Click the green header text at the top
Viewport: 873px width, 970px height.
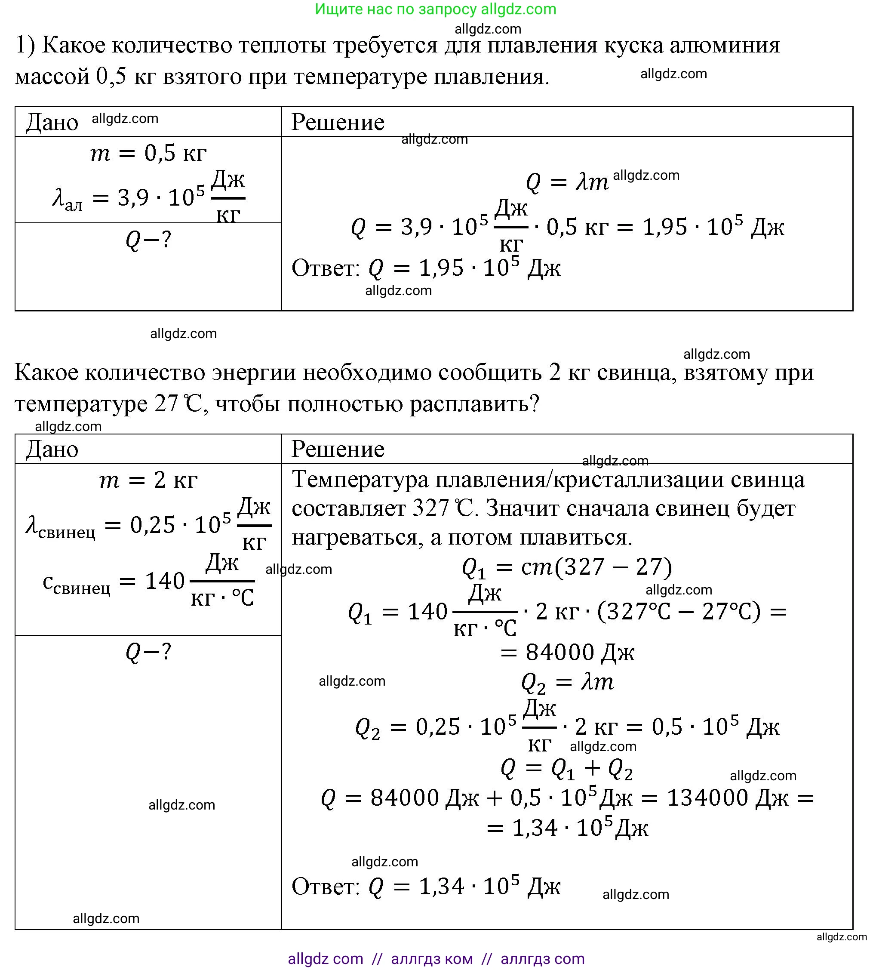(x=436, y=9)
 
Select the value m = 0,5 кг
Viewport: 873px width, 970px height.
(x=148, y=154)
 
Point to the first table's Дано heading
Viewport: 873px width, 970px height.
(x=52, y=122)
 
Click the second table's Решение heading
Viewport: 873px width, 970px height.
(x=338, y=449)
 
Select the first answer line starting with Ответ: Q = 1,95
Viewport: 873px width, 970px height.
(x=426, y=268)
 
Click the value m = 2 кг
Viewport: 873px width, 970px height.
(x=148, y=480)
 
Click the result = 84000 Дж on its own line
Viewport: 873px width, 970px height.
(x=568, y=653)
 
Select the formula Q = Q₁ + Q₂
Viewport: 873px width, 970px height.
(x=567, y=769)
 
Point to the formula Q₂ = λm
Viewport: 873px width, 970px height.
(x=568, y=682)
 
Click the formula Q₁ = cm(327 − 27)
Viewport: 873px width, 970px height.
(x=567, y=567)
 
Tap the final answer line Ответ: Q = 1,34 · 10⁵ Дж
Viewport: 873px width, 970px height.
(x=426, y=887)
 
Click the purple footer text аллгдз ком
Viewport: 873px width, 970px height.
(x=432, y=958)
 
